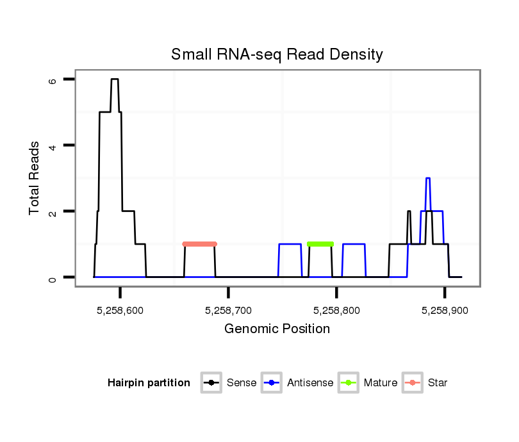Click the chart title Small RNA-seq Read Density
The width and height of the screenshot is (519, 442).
tap(277, 54)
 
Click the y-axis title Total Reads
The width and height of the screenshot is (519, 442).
tap(35, 178)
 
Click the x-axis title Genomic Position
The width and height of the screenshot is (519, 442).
tap(277, 329)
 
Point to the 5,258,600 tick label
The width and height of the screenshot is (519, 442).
tap(120, 310)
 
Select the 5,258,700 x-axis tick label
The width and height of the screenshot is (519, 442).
tap(229, 310)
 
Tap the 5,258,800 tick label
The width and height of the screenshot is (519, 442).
tap(337, 310)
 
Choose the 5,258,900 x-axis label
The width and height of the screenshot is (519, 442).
tap(445, 310)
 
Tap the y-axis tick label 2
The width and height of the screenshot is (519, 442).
tap(53, 211)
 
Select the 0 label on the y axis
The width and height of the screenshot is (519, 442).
tap(53, 277)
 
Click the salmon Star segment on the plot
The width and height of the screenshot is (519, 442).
tap(200, 244)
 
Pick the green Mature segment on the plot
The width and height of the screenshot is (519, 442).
tap(320, 244)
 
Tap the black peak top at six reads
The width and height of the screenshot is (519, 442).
tap(115, 79)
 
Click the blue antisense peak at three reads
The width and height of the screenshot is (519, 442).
tap(428, 178)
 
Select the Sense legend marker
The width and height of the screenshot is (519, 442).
tap(211, 383)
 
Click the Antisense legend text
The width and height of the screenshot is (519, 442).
tap(310, 383)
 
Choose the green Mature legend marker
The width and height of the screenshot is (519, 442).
tap(349, 383)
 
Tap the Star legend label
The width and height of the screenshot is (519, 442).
tap(438, 383)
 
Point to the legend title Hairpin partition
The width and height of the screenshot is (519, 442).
tap(149, 383)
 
